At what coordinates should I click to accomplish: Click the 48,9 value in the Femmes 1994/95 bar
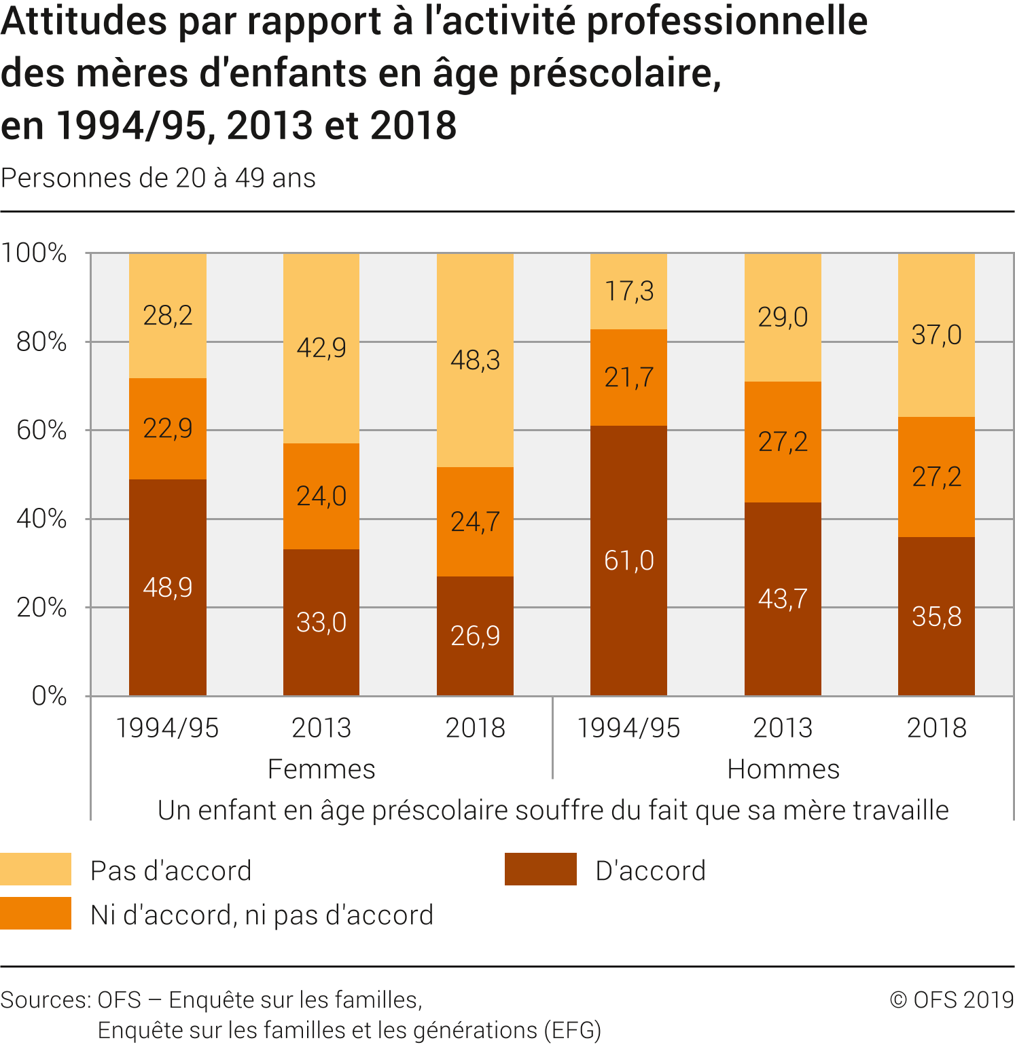click(168, 587)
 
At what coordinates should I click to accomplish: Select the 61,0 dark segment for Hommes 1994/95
click(628, 561)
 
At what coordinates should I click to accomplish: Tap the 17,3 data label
click(628, 291)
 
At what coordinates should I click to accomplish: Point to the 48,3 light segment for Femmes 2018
click(475, 360)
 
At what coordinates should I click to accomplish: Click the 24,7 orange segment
click(475, 521)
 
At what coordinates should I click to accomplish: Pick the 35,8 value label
click(936, 617)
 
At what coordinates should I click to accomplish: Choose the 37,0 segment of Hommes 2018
click(936, 335)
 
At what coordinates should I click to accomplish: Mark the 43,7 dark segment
click(783, 599)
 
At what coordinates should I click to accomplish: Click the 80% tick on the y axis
click(41, 342)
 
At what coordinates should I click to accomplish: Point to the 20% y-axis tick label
click(41, 608)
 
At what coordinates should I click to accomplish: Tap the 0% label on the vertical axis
click(49, 696)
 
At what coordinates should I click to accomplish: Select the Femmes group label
click(321, 769)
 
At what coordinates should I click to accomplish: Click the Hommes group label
click(783, 769)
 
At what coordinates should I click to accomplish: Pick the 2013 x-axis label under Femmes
click(321, 728)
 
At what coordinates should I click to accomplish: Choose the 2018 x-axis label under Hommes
click(936, 728)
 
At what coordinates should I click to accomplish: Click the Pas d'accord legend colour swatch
click(35, 869)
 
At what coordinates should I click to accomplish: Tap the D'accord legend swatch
click(540, 869)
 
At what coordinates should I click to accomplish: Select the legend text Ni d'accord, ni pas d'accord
click(262, 915)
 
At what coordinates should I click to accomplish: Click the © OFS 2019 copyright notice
click(951, 1000)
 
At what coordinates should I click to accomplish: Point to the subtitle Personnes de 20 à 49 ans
click(158, 178)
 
